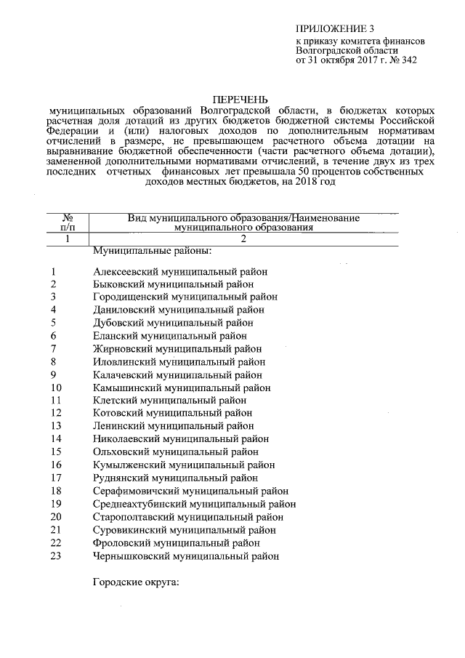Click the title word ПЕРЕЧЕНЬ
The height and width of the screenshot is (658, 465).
(240, 98)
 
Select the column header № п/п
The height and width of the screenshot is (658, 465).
(66, 222)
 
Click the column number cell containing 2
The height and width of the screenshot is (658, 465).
(243, 238)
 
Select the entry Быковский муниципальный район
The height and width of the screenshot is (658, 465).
(174, 284)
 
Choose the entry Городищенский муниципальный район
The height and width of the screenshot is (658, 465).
(185, 297)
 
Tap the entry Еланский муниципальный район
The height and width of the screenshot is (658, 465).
(170, 335)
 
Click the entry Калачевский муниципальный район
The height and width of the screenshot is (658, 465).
(177, 374)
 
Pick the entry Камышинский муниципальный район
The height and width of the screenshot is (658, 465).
(180, 388)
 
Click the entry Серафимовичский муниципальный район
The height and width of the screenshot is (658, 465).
(191, 491)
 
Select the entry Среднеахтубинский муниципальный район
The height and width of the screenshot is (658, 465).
(194, 504)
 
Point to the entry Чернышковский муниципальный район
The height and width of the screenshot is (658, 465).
(186, 555)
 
